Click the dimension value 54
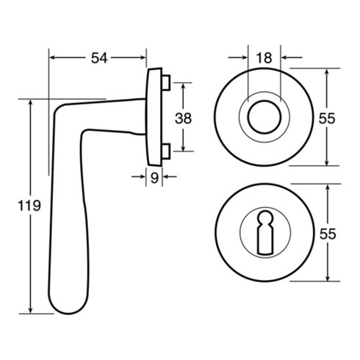click(x=99, y=58)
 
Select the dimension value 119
click(x=29, y=206)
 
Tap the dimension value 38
click(x=183, y=118)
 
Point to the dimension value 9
click(x=154, y=178)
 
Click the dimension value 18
click(x=264, y=58)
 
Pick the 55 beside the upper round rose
click(x=327, y=119)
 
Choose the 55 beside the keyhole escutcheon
click(x=328, y=234)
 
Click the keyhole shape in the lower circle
click(x=264, y=232)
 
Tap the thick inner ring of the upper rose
click(x=264, y=101)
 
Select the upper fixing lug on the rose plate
click(x=166, y=83)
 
